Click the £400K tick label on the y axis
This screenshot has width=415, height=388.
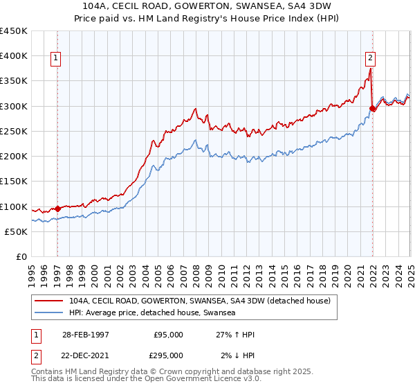[14, 55]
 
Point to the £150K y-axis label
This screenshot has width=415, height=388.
[14, 181]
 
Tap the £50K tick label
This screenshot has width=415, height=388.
[17, 231]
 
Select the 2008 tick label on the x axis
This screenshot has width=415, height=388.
[196, 271]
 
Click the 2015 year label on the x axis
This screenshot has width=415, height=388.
[284, 271]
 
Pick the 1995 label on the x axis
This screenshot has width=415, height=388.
[32, 271]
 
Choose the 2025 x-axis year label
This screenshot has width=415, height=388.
[410, 271]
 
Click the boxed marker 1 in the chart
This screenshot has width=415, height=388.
[55, 59]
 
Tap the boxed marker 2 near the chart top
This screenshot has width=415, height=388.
[371, 59]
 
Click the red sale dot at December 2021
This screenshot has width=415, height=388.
[372, 109]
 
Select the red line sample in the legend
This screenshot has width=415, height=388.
[49, 301]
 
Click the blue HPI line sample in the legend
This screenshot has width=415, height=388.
[49, 312]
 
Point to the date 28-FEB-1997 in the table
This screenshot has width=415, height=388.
[84, 335]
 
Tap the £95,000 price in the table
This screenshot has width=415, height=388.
[168, 335]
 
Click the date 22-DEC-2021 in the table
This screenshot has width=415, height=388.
[84, 355]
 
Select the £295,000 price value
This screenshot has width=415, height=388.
[168, 355]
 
